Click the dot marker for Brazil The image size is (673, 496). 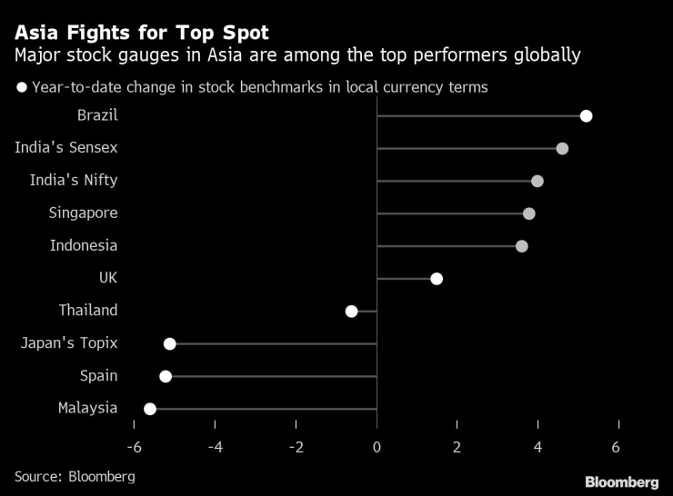click(587, 115)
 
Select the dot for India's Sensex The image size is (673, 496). click(562, 148)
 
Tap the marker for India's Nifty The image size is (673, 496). click(537, 181)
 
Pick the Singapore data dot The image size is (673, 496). click(529, 213)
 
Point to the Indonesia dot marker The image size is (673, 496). click(522, 246)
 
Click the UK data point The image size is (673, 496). click(437, 278)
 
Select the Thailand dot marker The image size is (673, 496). click(352, 311)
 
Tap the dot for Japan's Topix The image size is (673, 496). click(170, 343)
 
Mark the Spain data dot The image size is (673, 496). click(166, 376)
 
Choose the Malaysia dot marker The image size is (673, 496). click(150, 409)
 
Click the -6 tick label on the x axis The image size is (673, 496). click(134, 447)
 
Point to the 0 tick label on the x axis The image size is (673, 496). click(377, 447)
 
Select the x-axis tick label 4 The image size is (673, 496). click(538, 447)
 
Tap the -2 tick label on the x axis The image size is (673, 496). click(296, 447)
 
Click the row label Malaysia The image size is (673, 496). click(88, 408)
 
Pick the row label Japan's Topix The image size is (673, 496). click(69, 343)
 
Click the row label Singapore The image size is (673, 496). click(84, 213)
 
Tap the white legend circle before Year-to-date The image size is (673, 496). click(21, 88)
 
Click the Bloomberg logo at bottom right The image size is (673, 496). click(621, 481)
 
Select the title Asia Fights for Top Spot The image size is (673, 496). click(141, 33)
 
